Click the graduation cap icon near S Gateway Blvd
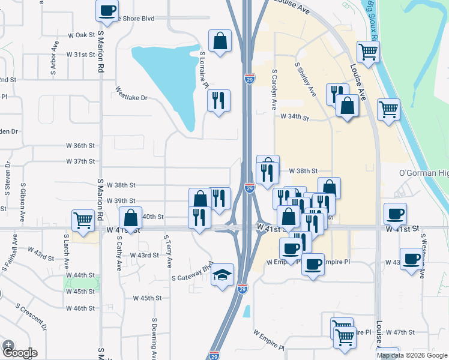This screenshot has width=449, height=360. pyautogui.click(x=223, y=275)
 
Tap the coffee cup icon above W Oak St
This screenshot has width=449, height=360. pyautogui.click(x=107, y=10)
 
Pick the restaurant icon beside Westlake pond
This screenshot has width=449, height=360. pyautogui.click(x=218, y=100)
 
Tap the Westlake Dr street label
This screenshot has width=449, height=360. pyautogui.click(x=131, y=94)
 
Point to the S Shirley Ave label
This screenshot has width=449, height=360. pyautogui.click(x=306, y=79)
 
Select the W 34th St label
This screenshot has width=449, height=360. pyautogui.click(x=294, y=118)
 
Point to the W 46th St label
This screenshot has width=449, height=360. pyautogui.click(x=80, y=308)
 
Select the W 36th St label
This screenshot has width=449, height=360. pyautogui.click(x=80, y=146)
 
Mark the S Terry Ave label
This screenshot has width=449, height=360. pyautogui.click(x=169, y=252)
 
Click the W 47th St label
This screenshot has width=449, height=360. pyautogui.click(x=400, y=332)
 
